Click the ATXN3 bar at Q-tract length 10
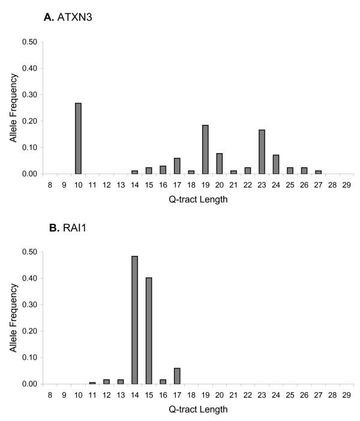point(78,138)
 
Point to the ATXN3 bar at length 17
point(177,166)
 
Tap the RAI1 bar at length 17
point(177,376)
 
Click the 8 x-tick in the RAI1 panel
point(50,395)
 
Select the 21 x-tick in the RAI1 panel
point(233,395)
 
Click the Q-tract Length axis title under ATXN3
point(198,200)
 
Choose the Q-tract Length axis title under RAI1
point(198,410)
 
